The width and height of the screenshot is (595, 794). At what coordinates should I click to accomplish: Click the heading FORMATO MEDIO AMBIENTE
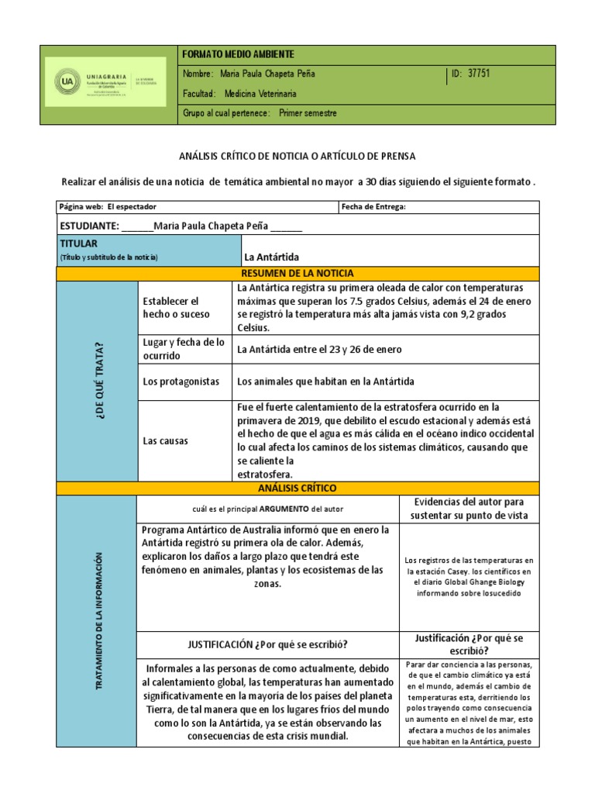pos(237,54)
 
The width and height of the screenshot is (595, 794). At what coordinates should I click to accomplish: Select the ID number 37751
pos(479,74)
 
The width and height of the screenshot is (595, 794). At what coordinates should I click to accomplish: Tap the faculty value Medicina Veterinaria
pos(260,94)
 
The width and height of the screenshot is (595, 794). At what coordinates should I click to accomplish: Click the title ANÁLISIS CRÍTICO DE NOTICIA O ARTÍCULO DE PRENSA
pos(297,156)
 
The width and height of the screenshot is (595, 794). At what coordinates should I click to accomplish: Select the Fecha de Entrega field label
pos(373,207)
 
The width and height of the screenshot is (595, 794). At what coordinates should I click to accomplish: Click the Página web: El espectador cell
pos(108,207)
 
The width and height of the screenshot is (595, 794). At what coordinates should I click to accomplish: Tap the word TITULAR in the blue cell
pos(78,243)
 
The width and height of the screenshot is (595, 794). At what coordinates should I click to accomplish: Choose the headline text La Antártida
pos(271,257)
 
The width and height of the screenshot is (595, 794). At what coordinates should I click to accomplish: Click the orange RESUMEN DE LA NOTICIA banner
pos(297,273)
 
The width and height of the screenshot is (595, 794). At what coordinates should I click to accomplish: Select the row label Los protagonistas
pos(181,381)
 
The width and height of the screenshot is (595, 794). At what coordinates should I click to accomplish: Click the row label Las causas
pos(166,440)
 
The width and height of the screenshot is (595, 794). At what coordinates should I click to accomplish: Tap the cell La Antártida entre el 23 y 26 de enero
pos(319,349)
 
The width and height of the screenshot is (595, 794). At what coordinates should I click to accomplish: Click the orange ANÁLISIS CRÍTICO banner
pos(297,488)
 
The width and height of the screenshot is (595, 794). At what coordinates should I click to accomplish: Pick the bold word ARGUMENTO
pos(283,509)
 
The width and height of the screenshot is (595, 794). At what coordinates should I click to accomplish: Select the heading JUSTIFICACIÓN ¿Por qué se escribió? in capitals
pos(267,644)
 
